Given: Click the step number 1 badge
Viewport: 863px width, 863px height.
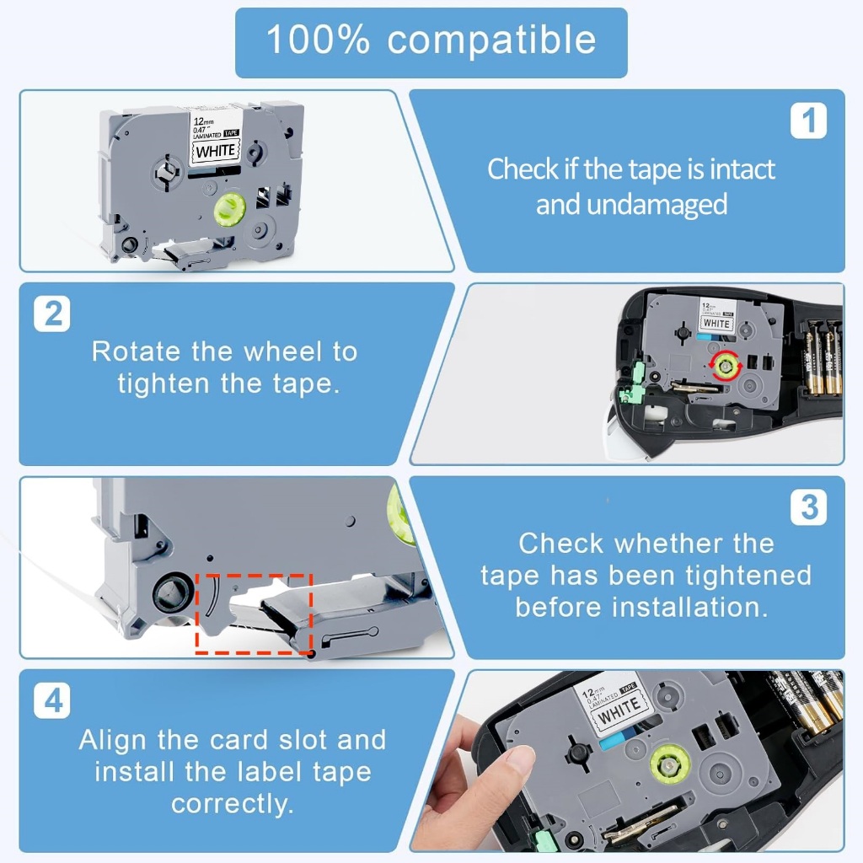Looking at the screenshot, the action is pyautogui.click(x=808, y=121).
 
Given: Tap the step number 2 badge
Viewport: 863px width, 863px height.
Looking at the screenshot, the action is pyautogui.click(x=51, y=314).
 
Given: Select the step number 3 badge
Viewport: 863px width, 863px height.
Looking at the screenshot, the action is pyautogui.click(x=808, y=507).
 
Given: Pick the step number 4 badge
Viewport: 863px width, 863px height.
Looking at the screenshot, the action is pyautogui.click(x=51, y=700).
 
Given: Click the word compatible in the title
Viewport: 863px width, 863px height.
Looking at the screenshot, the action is pyautogui.click(x=491, y=40).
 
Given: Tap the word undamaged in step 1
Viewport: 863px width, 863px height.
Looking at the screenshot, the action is pyautogui.click(x=657, y=206).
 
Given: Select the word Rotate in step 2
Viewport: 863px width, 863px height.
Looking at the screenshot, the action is pyautogui.click(x=136, y=351).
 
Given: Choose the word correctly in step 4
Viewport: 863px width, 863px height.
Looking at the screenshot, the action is pyautogui.click(x=232, y=804).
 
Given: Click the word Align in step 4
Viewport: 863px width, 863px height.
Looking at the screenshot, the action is pyautogui.click(x=114, y=740).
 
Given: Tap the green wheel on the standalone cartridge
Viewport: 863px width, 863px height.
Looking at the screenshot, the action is pyautogui.click(x=229, y=209).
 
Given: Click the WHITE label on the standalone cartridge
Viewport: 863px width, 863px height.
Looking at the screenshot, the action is pyautogui.click(x=215, y=151).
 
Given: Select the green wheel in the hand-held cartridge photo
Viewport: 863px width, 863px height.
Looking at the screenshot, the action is pyautogui.click(x=669, y=765).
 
